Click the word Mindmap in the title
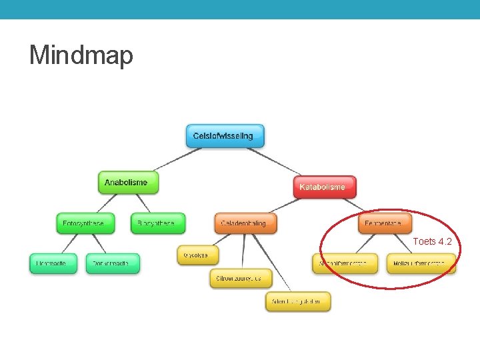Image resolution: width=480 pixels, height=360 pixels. click(x=81, y=55)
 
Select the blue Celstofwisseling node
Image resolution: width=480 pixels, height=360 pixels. click(x=223, y=136)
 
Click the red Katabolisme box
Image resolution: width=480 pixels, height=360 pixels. click(x=324, y=187)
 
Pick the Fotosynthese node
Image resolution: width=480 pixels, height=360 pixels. click(x=85, y=224)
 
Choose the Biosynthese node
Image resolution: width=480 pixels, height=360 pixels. click(x=157, y=224)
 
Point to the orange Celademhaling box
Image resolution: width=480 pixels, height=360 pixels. click(x=245, y=224)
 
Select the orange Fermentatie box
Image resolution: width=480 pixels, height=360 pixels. click(x=384, y=224)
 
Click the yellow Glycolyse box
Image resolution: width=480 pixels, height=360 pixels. click(x=197, y=255)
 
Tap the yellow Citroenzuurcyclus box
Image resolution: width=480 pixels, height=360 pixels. click(x=243, y=278)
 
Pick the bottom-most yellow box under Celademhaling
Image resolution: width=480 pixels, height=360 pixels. click(x=297, y=302)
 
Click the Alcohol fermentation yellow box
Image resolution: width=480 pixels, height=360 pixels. click(x=344, y=263)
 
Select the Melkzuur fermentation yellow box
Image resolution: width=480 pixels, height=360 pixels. click(x=421, y=263)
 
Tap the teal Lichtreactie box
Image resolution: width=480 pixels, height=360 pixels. click(x=53, y=263)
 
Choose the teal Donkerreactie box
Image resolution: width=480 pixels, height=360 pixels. click(x=113, y=263)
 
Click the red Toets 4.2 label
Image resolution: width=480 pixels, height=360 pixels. click(x=432, y=241)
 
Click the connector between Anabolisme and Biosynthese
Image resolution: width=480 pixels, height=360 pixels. click(x=142, y=203)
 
